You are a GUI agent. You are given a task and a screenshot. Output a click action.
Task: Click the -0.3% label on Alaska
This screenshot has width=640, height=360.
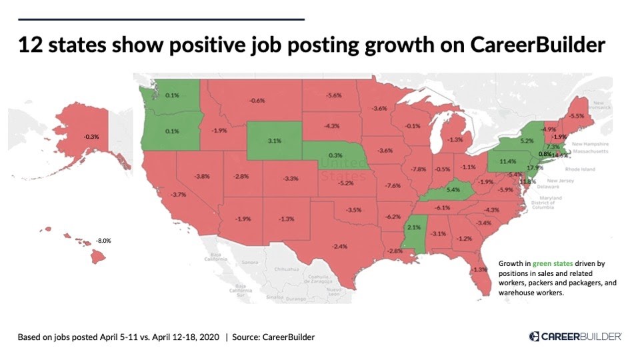tap(91, 137)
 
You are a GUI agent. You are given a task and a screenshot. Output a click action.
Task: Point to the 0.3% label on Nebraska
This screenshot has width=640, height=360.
tap(335, 155)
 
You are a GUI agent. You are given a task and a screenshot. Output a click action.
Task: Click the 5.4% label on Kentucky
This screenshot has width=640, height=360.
tap(453, 190)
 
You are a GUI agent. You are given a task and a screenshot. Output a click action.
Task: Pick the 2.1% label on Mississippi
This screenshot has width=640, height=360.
tap(413, 227)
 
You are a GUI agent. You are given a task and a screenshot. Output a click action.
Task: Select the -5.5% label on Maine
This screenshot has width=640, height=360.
tap(577, 115)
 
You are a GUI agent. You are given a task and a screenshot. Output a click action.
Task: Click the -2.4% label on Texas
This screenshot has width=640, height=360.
tap(340, 246)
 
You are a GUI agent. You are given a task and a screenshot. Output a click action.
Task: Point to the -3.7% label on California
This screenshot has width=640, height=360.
tap(178, 194)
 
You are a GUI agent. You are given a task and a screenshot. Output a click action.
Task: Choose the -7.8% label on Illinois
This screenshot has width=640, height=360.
tap(419, 169)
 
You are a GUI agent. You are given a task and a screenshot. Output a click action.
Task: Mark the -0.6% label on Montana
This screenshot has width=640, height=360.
tap(257, 100)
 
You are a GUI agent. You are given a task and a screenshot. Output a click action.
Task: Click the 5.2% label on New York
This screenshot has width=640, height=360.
tap(527, 141)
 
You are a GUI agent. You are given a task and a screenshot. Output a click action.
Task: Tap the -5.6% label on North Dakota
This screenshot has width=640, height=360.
tap(334, 95)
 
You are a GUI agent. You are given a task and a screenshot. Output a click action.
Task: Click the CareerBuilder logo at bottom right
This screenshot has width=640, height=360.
tap(575, 337)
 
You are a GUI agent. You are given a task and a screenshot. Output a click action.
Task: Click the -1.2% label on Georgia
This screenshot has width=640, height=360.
tap(464, 239)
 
